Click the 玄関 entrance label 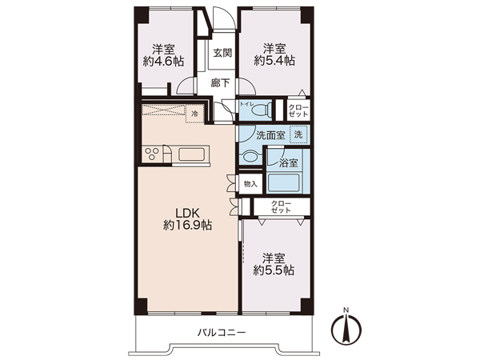pos(222,53)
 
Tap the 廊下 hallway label pos(220,82)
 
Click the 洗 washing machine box pos(298,134)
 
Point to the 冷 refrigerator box pos(194,114)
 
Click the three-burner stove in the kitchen pos(152,154)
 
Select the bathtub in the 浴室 pos(283,182)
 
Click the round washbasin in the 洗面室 pos(250,158)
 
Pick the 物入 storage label pos(250,184)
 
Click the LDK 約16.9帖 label pos(187,219)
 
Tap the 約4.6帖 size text pos(163,62)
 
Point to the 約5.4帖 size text pos(274,61)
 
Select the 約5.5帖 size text pos(274,270)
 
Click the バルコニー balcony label pos(221,333)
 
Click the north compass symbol pos(346,330)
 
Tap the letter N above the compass pos(346,310)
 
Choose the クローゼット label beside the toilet pos(298,111)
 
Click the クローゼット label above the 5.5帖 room pos(281,207)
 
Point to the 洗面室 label pos(270,135)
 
